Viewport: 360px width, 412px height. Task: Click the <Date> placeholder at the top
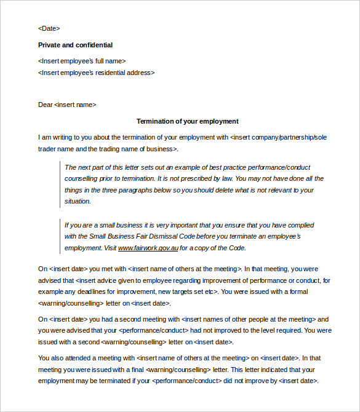[49, 28]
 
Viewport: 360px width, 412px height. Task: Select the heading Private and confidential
[75, 45]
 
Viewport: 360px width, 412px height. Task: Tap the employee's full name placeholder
[82, 61]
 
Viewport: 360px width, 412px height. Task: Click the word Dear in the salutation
[46, 105]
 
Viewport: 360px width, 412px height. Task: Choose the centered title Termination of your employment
[187, 121]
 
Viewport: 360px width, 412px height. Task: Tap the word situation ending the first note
[78, 201]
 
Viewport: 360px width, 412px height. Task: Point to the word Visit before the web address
[108, 248]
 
